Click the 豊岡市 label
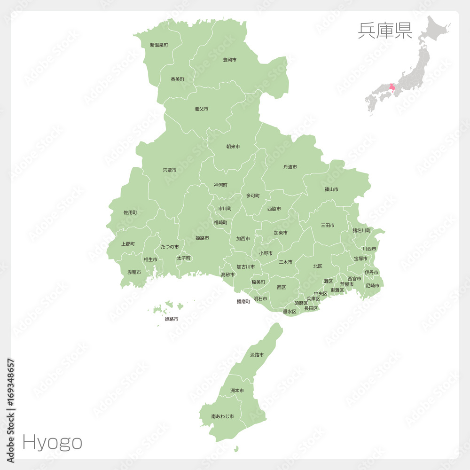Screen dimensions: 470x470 [229, 60]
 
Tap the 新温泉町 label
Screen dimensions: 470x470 [159, 45]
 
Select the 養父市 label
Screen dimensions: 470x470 [201, 109]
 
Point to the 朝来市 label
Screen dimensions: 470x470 [233, 147]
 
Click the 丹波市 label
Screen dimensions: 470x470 [290, 167]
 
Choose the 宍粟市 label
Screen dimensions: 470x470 [170, 170]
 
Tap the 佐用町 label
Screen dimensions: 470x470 [130, 212]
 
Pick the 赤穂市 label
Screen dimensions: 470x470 [134, 272]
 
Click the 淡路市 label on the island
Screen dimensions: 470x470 [257, 355]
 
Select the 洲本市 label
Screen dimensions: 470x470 [237, 391]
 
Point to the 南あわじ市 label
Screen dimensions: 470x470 [222, 416]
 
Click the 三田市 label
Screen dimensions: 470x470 [328, 226]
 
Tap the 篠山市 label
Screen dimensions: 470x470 [331, 189]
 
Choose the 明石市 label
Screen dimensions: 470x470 [260, 298]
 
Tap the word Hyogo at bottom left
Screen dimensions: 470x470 [52, 442]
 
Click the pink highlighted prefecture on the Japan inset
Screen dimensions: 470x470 [392, 87]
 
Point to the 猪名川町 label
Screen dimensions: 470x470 [362, 230]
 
